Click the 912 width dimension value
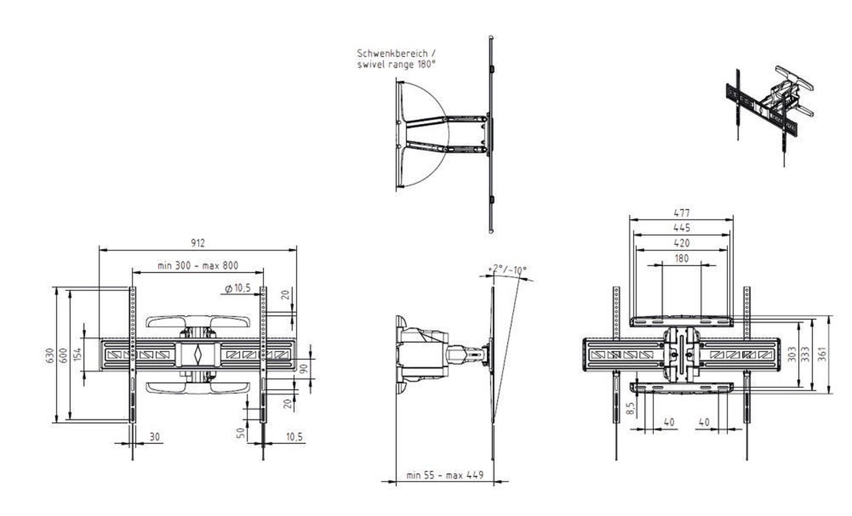point(198,243)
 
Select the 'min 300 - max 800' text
point(198,265)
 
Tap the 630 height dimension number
point(50,356)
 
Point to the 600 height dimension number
point(63,356)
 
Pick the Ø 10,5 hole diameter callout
point(238,288)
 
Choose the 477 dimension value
point(682,212)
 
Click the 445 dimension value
point(682,228)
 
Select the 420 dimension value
point(682,243)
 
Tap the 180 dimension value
point(682,258)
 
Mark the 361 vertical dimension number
point(822,354)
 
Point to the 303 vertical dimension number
point(792,354)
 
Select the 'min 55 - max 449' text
point(445,475)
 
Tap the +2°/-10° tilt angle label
point(507,270)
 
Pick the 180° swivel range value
point(426,64)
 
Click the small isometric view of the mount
point(770,115)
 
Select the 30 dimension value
point(155,437)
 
